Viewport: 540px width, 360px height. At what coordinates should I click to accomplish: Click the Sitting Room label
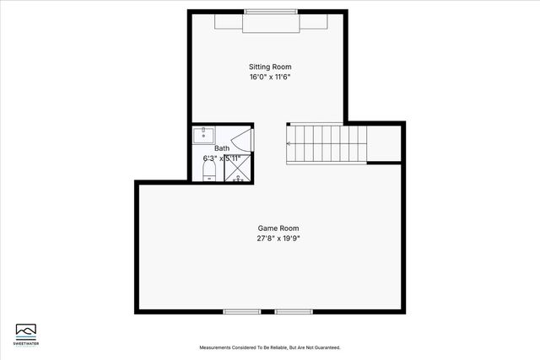point(270,67)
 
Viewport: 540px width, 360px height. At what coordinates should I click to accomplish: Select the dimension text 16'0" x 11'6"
point(270,77)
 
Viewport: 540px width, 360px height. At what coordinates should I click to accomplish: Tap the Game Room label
point(278,228)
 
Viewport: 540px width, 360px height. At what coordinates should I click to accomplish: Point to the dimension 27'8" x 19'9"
point(278,239)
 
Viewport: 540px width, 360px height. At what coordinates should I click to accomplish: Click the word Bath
point(222,148)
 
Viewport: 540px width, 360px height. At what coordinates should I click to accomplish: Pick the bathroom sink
point(203,135)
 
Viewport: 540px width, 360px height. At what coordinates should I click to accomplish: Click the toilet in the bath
point(209,171)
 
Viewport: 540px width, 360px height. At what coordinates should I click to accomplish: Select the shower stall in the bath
point(237,169)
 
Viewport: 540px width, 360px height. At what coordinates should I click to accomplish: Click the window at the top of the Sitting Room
point(270,11)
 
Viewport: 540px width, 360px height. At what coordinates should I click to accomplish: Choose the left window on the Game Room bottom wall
point(241,311)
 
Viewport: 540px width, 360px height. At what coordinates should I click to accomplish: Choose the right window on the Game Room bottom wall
point(293,311)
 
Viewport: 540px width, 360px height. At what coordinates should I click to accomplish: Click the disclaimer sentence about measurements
point(270,347)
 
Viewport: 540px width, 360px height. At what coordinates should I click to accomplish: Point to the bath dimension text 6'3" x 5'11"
point(222,158)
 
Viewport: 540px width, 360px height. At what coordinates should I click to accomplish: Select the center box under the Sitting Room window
point(269,24)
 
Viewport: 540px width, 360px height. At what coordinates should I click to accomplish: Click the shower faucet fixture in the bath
point(238,178)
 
